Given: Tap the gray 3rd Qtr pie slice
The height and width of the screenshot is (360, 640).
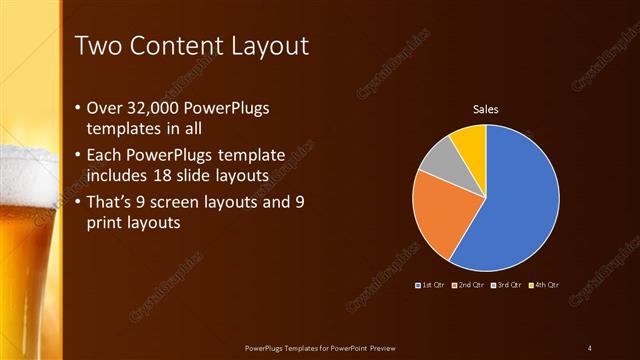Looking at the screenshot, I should coord(437,159).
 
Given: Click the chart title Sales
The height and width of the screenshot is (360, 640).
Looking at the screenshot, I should coord(486,110).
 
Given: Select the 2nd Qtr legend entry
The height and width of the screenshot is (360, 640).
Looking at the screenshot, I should coord(470,285).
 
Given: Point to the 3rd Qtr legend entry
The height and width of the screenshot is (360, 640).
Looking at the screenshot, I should coord(506,285).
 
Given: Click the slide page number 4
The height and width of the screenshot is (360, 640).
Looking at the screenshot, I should coord(590,347).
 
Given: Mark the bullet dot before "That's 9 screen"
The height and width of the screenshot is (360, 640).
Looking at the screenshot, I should coord(80,203).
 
